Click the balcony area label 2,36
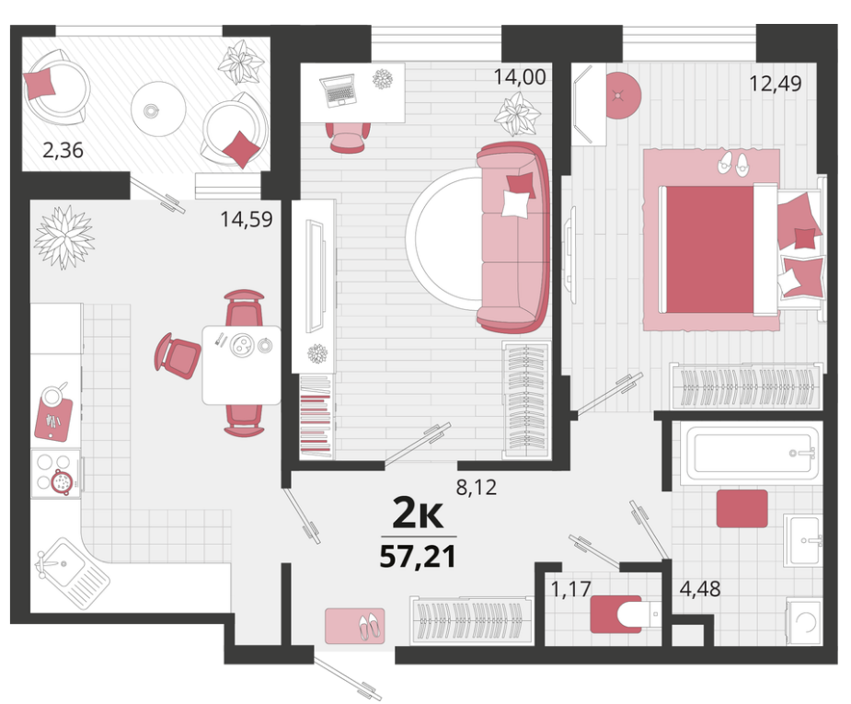(63, 150)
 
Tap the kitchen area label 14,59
(246, 219)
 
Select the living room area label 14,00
(520, 77)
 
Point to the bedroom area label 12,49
(775, 84)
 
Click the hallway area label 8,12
(476, 488)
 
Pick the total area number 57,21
(418, 557)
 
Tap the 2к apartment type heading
(418, 514)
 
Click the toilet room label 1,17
(570, 588)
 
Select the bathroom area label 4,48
(700, 588)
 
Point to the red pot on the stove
(62, 482)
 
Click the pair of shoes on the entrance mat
(370, 626)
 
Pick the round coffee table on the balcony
(158, 109)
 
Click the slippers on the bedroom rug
(733, 163)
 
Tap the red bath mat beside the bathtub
(742, 509)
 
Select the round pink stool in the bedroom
(623, 96)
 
